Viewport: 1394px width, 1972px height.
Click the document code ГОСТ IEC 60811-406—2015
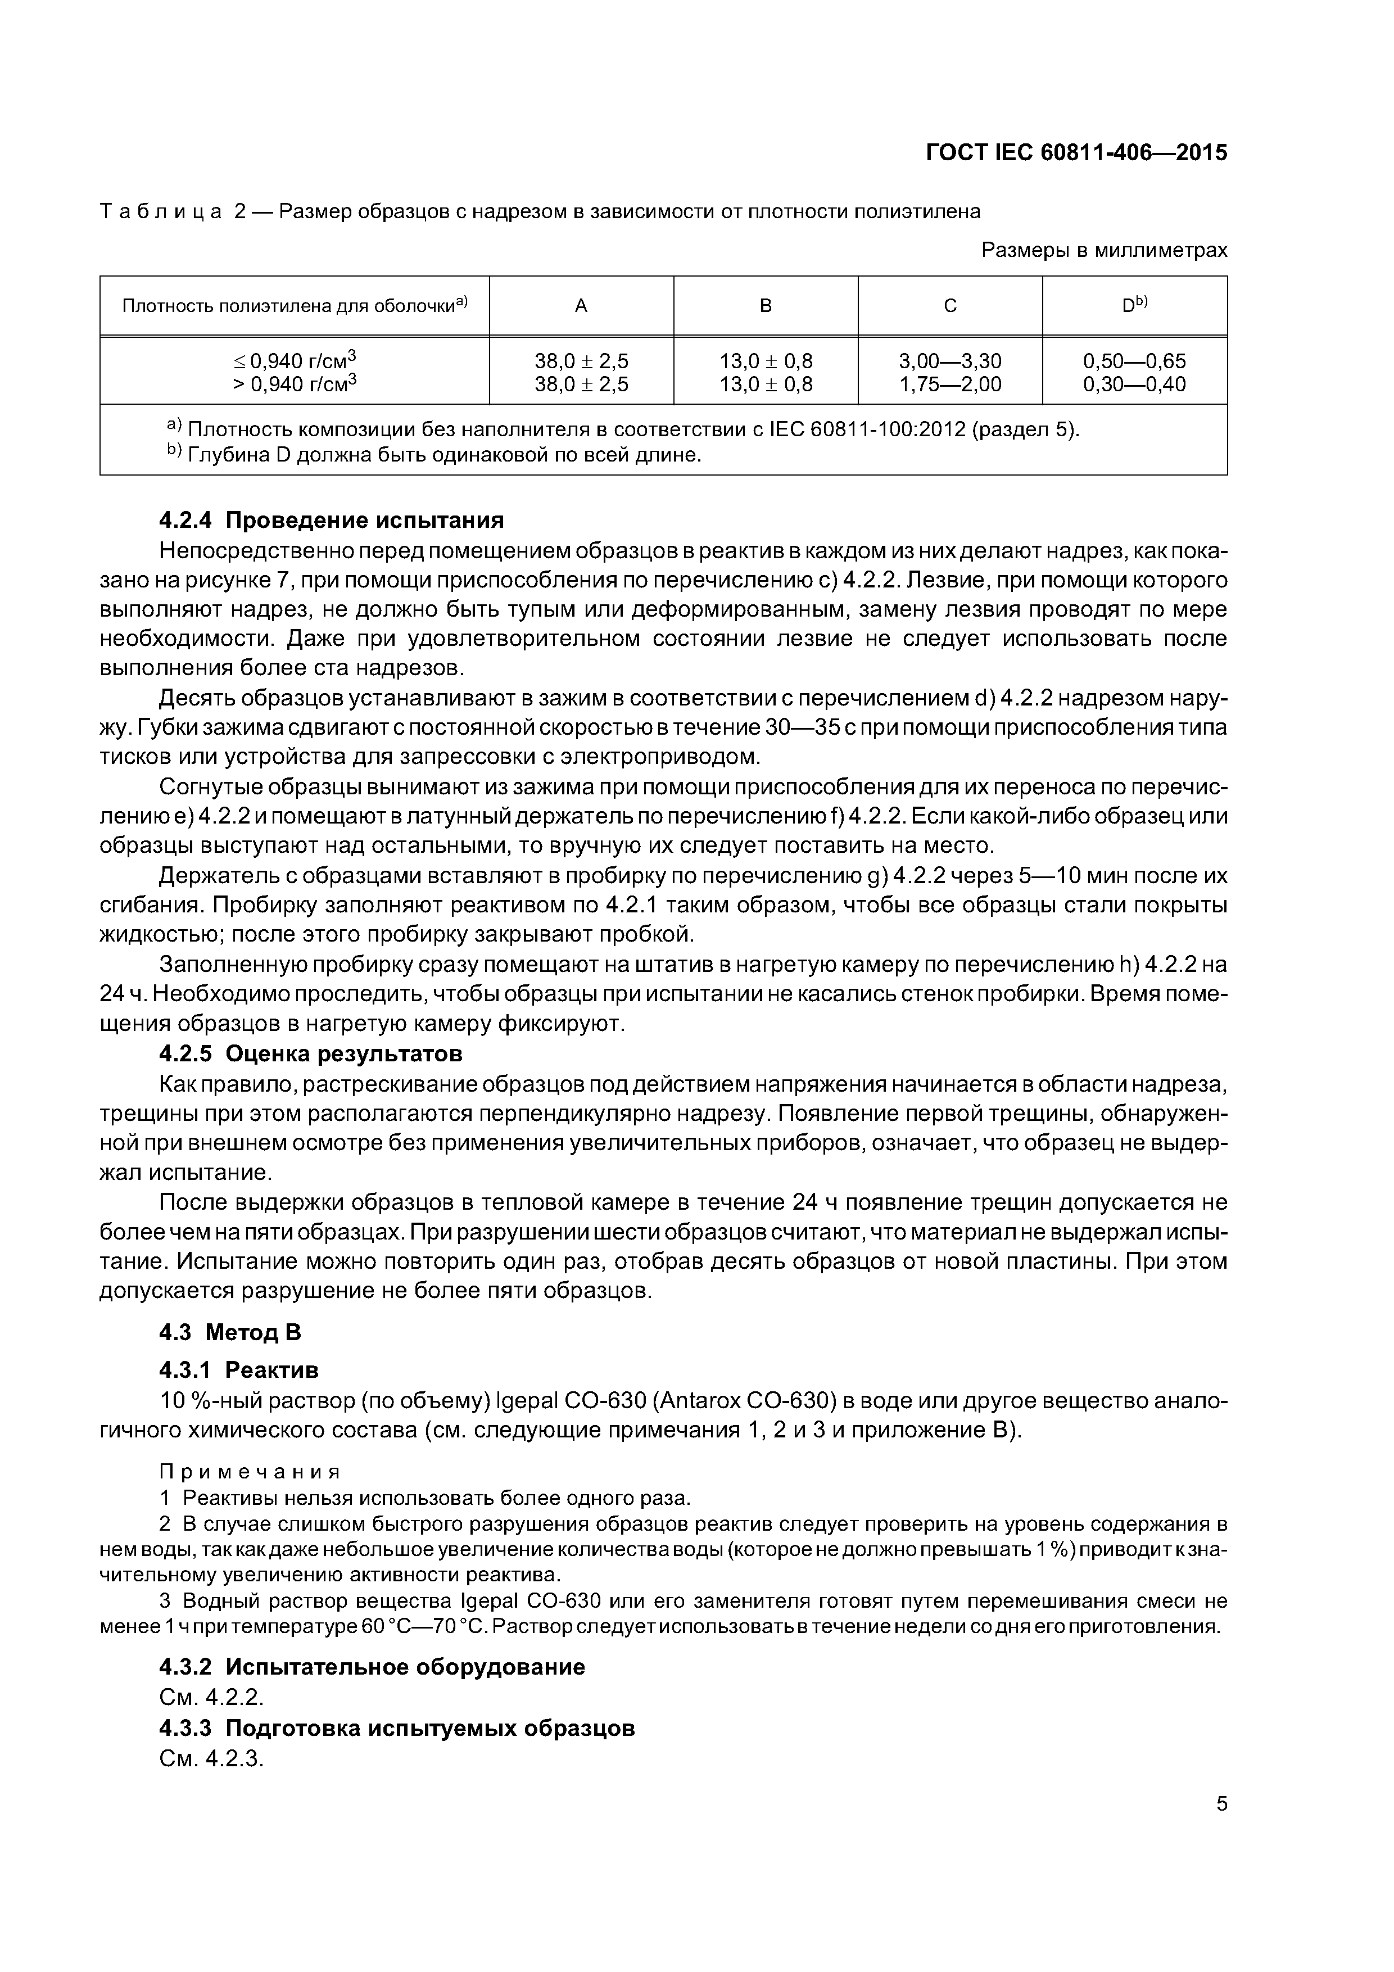coord(1077,153)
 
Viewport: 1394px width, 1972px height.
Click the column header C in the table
coord(950,306)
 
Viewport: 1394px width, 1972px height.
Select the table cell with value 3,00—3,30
coord(950,361)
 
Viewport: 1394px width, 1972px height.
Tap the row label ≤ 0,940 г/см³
coord(295,361)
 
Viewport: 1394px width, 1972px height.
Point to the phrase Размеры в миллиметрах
coord(1104,250)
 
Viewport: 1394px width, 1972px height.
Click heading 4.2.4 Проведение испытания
coord(332,521)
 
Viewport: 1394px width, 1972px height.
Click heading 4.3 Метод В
coord(230,1332)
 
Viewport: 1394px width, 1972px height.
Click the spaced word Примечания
coord(250,1472)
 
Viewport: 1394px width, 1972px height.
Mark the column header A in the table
coord(581,306)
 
